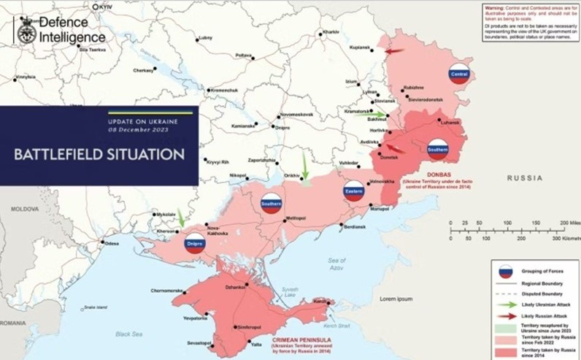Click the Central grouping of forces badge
459,74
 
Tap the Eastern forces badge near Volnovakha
354,191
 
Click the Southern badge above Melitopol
271,204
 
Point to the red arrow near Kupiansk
394,51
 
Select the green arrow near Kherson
180,217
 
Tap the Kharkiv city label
331,33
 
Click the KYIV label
105,6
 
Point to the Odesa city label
111,242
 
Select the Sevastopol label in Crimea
199,342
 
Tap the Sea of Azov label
337,264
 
